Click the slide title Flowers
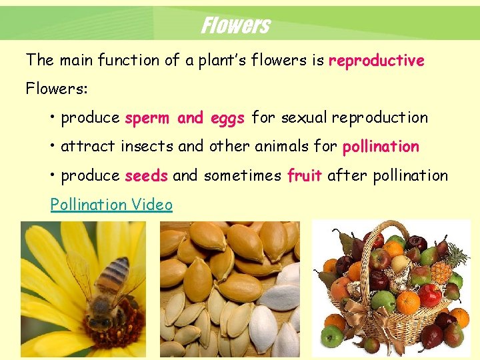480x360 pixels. [235, 25]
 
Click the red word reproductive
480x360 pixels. [377, 61]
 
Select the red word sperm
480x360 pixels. [147, 118]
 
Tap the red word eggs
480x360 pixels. [228, 118]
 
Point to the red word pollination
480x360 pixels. [381, 147]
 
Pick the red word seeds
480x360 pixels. [146, 175]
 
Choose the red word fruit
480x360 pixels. [305, 175]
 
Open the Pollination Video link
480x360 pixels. [111, 205]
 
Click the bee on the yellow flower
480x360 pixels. [107, 290]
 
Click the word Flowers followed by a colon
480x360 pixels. [58, 89]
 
